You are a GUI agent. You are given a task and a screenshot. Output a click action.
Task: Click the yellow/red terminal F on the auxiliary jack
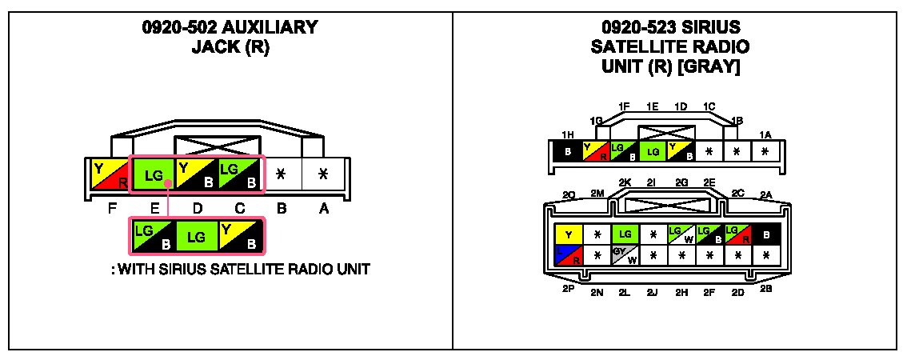(x=110, y=175)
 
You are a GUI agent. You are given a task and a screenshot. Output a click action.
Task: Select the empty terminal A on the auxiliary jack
(x=323, y=174)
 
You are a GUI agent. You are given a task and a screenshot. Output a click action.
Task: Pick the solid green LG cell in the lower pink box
(x=197, y=238)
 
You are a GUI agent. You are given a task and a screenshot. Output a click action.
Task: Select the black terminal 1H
(x=567, y=150)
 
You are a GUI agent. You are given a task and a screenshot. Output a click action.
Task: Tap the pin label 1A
(x=765, y=135)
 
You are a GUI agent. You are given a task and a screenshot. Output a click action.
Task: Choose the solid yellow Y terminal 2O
(x=568, y=235)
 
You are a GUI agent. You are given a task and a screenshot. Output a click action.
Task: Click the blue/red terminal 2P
(x=568, y=255)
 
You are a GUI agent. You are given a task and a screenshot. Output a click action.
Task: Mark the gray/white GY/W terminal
(x=625, y=255)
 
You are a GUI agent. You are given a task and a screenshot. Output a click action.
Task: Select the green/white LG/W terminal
(x=681, y=235)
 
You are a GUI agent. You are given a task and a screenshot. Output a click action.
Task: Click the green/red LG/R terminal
(x=738, y=235)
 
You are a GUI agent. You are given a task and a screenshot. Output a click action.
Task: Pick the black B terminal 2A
(x=766, y=235)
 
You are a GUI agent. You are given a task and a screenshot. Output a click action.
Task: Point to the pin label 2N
(x=597, y=293)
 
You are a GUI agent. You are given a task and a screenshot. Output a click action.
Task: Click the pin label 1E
(x=653, y=106)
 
